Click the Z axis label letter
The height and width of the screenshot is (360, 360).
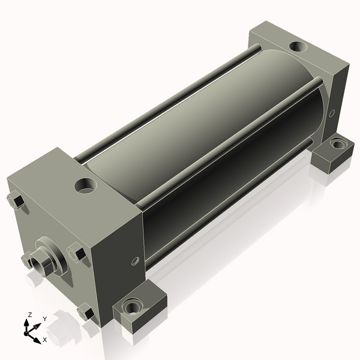[x=29, y=314]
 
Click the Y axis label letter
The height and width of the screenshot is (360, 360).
[x=45, y=319]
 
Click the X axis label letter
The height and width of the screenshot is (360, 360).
[x=45, y=340]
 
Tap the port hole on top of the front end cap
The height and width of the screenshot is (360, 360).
[x=86, y=185]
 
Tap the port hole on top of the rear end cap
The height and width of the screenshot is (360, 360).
[x=298, y=47]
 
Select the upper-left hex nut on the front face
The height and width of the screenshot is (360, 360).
[x=16, y=200]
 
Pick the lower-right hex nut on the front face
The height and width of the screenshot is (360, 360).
[x=86, y=311]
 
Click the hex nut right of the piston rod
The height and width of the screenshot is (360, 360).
[x=76, y=253]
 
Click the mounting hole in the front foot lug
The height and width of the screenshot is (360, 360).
[x=131, y=306]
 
